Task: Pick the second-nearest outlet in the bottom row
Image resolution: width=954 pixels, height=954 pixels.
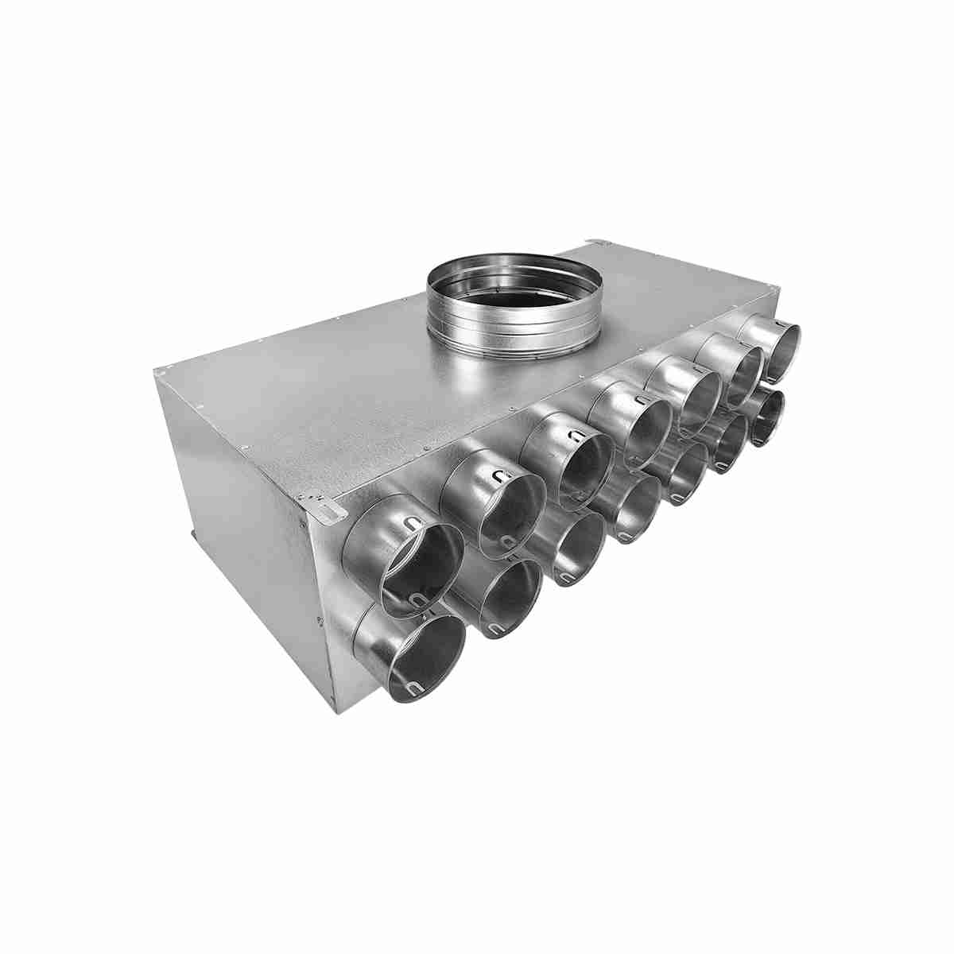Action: (x=510, y=596)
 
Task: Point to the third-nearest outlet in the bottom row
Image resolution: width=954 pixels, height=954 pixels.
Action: (x=576, y=548)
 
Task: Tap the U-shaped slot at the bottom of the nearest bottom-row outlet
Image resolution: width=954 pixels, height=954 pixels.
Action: (x=413, y=688)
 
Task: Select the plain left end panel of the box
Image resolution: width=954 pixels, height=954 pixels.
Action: (x=246, y=556)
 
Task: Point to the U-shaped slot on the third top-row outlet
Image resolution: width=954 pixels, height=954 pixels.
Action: (x=572, y=435)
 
